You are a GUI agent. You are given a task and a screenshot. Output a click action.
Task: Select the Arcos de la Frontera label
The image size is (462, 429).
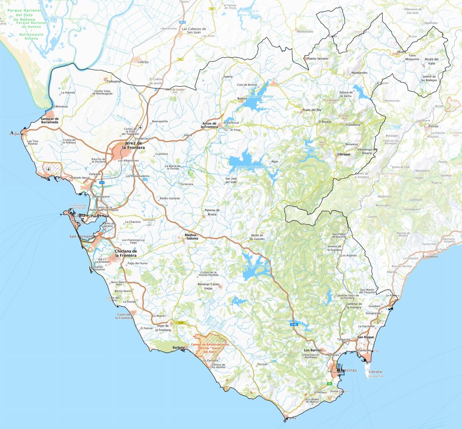coord(209,125)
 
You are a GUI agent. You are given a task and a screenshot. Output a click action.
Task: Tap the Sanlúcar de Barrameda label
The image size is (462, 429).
coord(50,120)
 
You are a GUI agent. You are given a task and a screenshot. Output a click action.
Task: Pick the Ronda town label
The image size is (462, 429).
coord(433,126)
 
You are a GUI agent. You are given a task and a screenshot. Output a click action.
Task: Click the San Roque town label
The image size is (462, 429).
coord(366,337)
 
